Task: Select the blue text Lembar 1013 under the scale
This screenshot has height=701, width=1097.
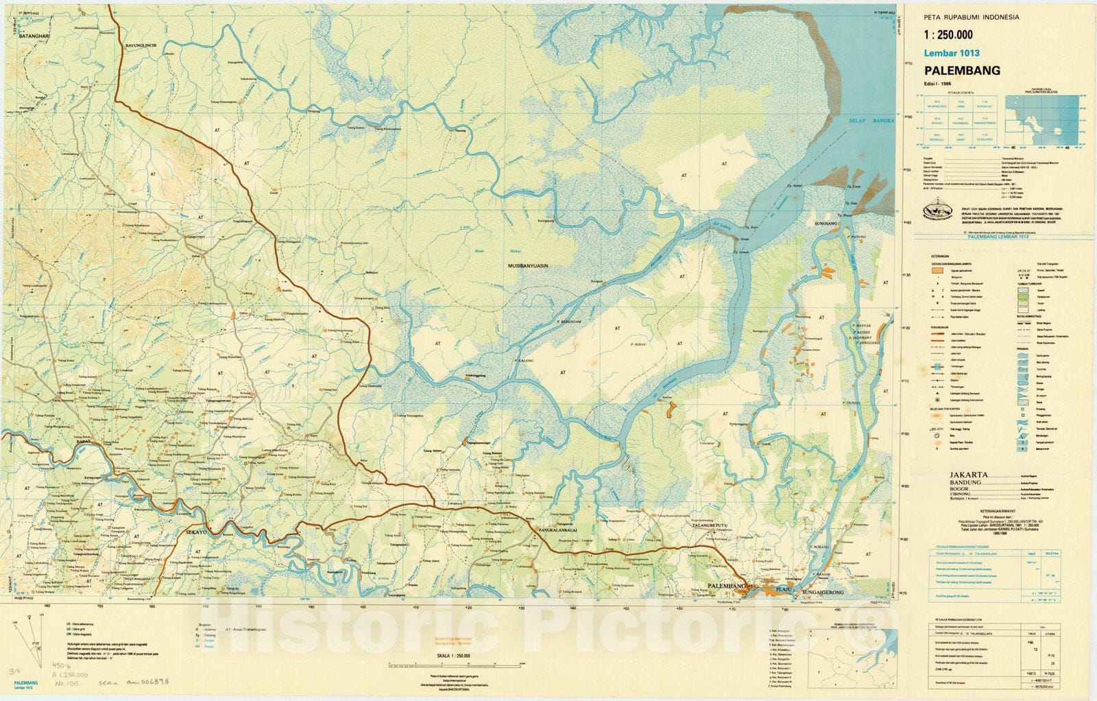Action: coord(952,53)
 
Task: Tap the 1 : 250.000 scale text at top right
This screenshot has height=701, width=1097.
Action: coord(948,35)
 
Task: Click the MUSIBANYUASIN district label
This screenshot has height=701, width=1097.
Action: coord(527,265)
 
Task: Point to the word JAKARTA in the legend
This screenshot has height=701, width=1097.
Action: coord(969,474)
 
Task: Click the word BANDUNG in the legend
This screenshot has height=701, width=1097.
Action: coord(966,482)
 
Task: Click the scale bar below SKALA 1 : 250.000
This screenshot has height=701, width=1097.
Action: coord(439,665)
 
